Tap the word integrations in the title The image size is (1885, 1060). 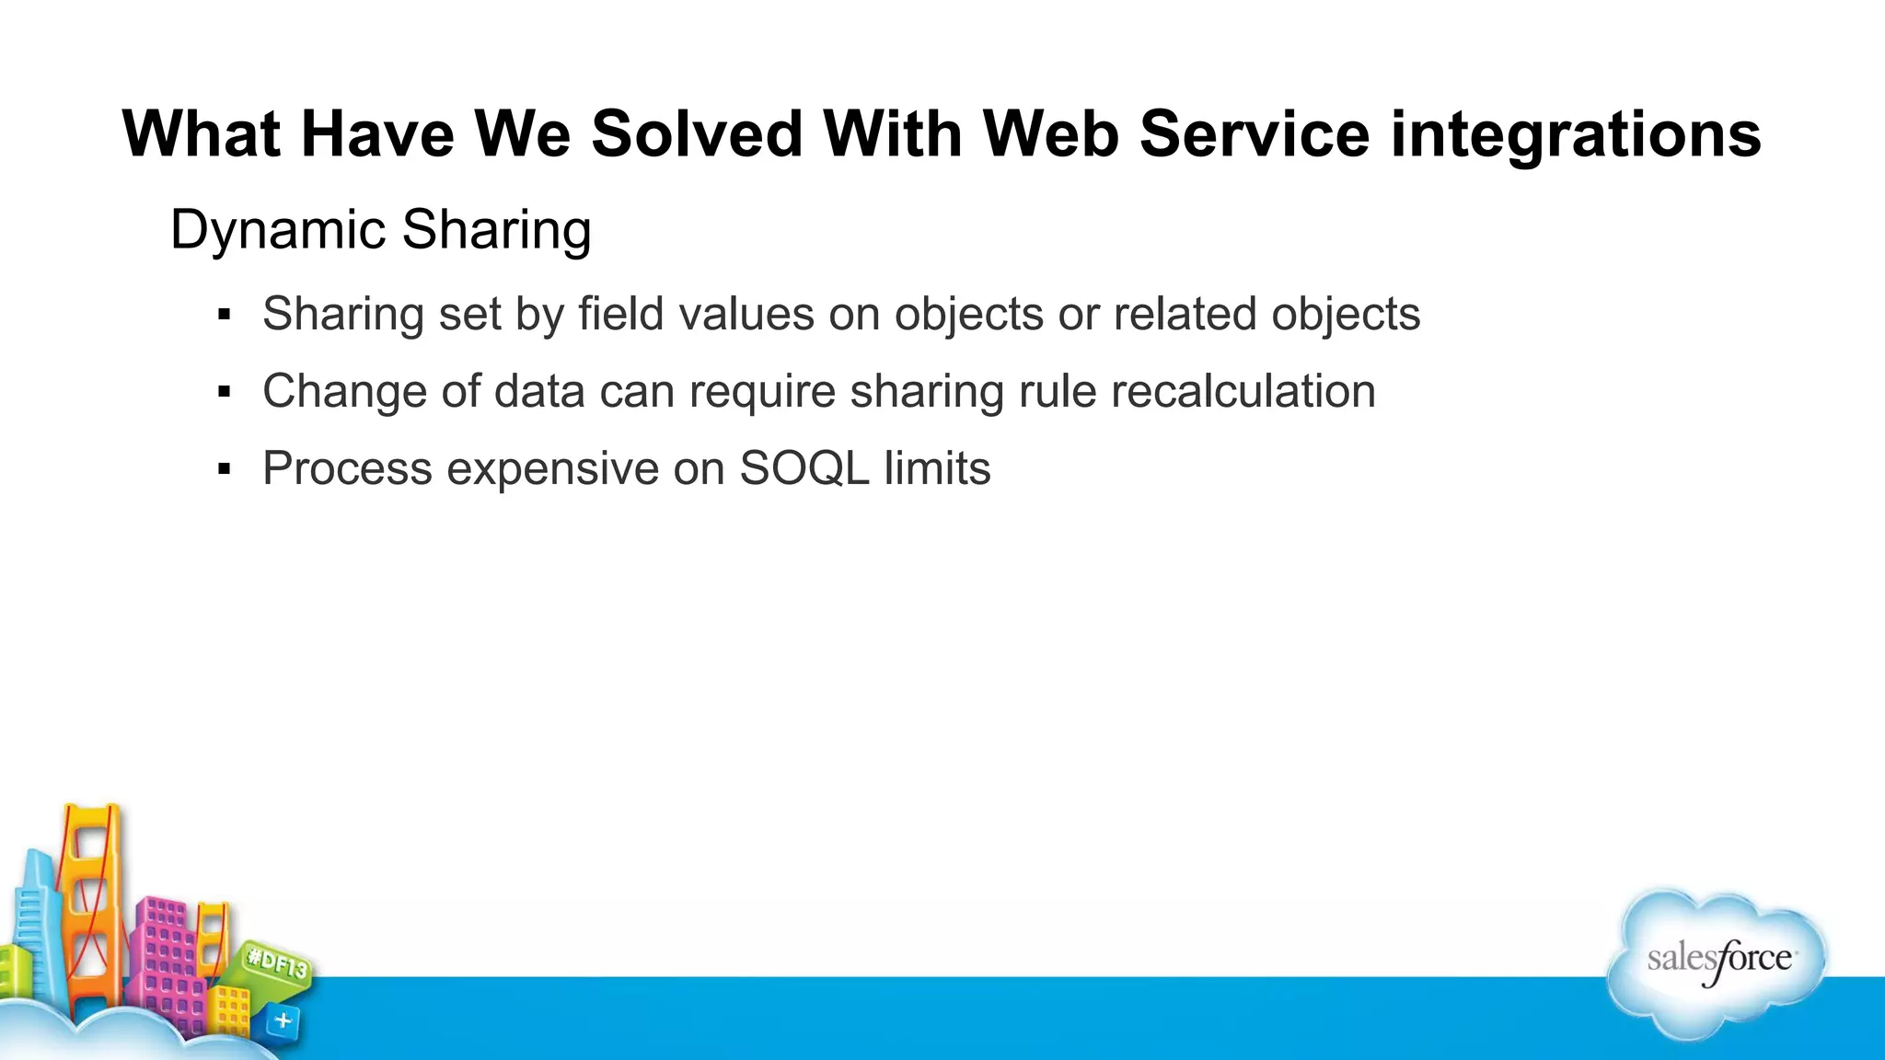click(1576, 134)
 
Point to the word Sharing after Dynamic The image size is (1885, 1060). click(496, 230)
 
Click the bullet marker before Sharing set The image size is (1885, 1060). click(224, 316)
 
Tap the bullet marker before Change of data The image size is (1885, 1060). click(224, 393)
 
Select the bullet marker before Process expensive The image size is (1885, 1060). click(224, 470)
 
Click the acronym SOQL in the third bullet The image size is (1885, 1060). click(804, 468)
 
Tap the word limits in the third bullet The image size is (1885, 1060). click(937, 468)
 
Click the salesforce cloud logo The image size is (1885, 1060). click(1717, 962)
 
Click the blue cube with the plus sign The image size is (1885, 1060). click(283, 1020)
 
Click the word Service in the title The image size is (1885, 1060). click(1255, 134)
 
